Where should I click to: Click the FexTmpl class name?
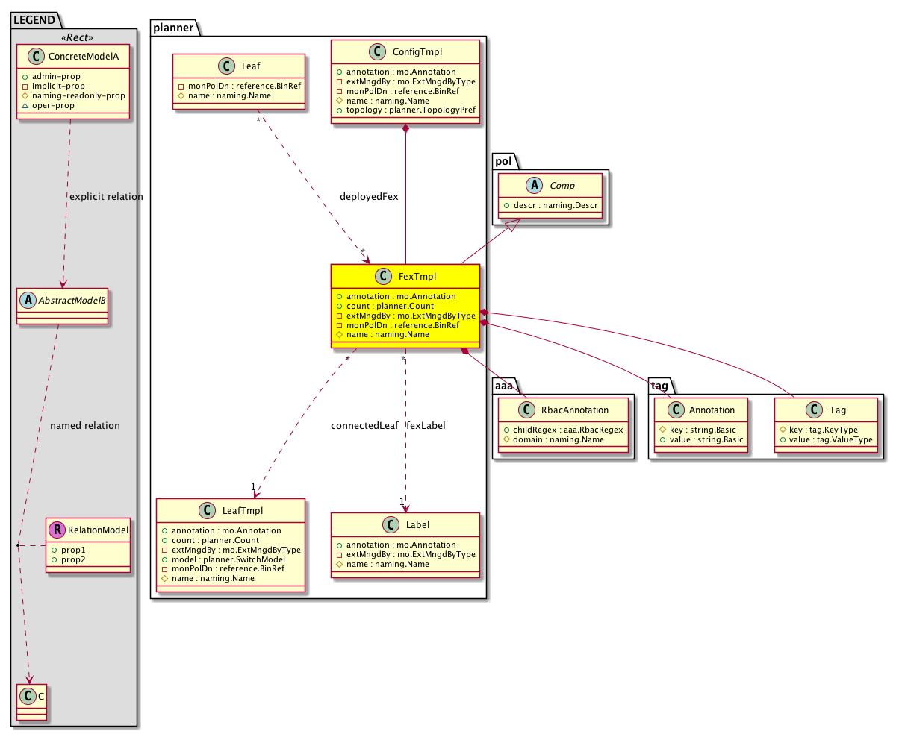coord(417,276)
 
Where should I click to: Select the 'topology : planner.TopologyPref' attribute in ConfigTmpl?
coord(411,110)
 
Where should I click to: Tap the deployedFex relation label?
coord(369,196)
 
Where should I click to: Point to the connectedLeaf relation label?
coord(364,425)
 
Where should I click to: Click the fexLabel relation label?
coord(426,425)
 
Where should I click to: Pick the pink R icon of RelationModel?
coord(57,530)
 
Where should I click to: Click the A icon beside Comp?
coord(534,185)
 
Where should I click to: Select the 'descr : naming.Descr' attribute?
coord(556,205)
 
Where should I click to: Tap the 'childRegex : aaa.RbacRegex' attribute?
coord(567,430)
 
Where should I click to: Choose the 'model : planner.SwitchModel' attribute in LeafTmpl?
coord(228,559)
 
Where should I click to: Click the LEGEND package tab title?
coord(34,20)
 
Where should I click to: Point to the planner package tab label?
coord(173,28)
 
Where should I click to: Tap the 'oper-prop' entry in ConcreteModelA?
coord(53,105)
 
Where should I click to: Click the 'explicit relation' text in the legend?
coord(106,196)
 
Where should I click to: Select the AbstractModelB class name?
coord(72,300)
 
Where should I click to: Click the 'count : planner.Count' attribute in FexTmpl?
coord(390,306)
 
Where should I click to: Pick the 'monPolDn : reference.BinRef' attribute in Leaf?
coord(244,86)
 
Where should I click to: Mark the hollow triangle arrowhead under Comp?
coord(512,225)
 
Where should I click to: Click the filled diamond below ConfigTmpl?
coord(405,128)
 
